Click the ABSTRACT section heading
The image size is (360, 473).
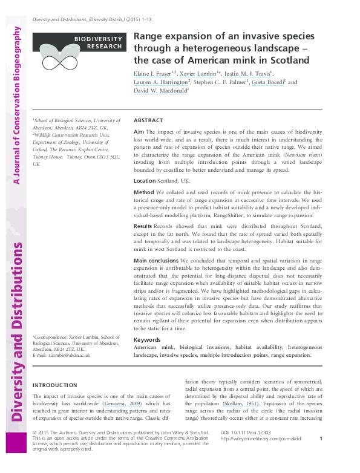click(x=148, y=120)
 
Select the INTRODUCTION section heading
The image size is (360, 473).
click(x=54, y=385)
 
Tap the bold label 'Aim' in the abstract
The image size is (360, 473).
click(x=139, y=131)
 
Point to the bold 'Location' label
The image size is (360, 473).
click(x=145, y=181)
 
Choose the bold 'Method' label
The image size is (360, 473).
click(x=144, y=192)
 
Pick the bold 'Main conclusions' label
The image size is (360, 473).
click(x=155, y=260)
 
